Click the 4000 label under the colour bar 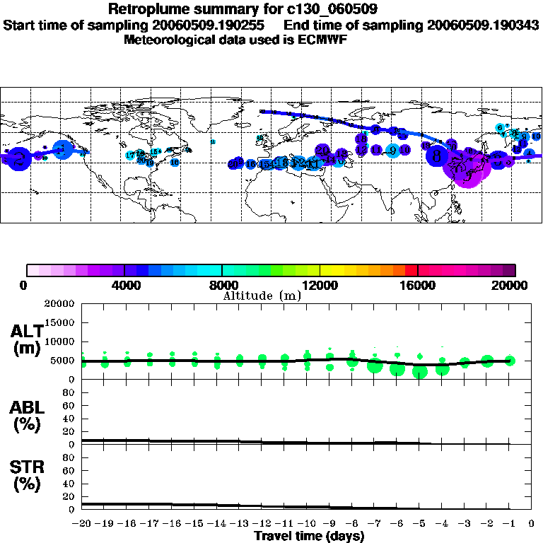pos(124,285)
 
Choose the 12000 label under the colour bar pos(320,285)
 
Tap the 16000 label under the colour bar pos(418,285)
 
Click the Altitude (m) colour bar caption pos(262,296)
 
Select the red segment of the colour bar pos(411,269)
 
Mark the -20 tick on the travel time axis pos(82,524)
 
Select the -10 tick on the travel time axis pos(307,524)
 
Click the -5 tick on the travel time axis pos(419,524)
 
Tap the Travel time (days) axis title pos(309,536)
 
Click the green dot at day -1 pos(510,361)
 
